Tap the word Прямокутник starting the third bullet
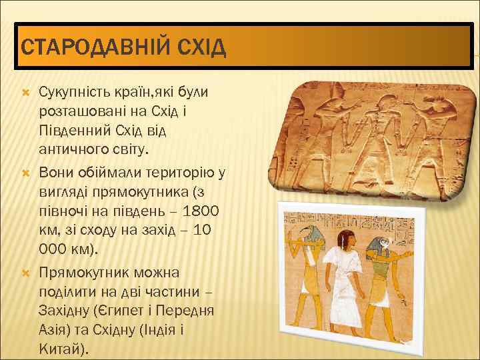(84, 273)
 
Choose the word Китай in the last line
(61, 349)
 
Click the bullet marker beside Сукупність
(27, 91)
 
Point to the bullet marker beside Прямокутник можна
(27, 273)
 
